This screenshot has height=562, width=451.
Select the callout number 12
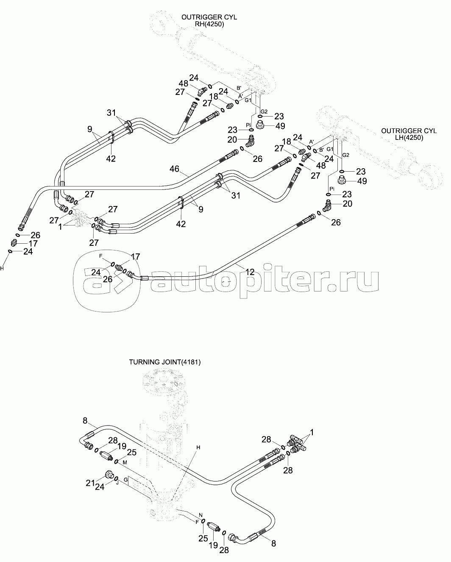(x=250, y=272)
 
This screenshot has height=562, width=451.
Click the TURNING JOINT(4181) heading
(x=165, y=362)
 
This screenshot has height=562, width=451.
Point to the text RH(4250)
(x=209, y=24)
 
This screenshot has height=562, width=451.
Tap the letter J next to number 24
(x=117, y=484)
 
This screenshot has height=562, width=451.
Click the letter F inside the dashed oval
(x=101, y=256)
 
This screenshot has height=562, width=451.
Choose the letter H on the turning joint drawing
(x=198, y=447)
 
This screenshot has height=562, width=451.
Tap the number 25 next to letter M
(x=132, y=453)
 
